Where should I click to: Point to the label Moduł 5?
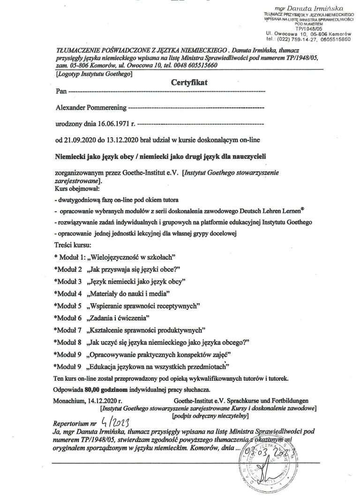[68, 306]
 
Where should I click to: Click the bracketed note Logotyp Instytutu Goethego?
[94, 74]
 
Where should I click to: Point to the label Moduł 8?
[68, 342]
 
